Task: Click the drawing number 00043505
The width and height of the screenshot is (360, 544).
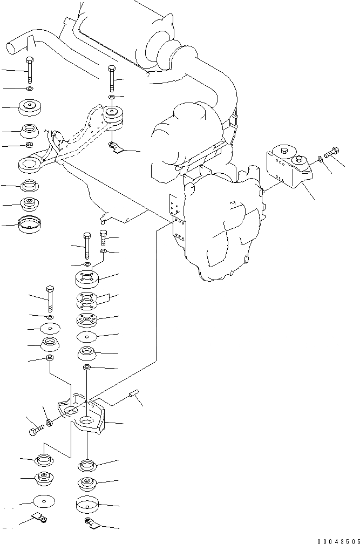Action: tap(337, 540)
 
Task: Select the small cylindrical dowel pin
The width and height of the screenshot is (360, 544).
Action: tap(133, 397)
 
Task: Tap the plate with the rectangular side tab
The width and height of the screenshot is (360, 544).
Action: tap(90, 300)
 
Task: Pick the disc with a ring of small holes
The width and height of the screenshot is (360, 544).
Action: tap(87, 320)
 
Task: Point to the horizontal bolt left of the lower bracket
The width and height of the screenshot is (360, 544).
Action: tap(35, 430)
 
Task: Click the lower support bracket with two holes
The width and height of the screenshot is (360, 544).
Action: tap(86, 418)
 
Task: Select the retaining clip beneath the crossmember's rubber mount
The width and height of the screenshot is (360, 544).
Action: tap(116, 147)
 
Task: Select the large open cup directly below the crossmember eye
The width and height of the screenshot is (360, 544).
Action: tap(29, 224)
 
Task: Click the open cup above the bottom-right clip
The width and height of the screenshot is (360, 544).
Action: tap(87, 505)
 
